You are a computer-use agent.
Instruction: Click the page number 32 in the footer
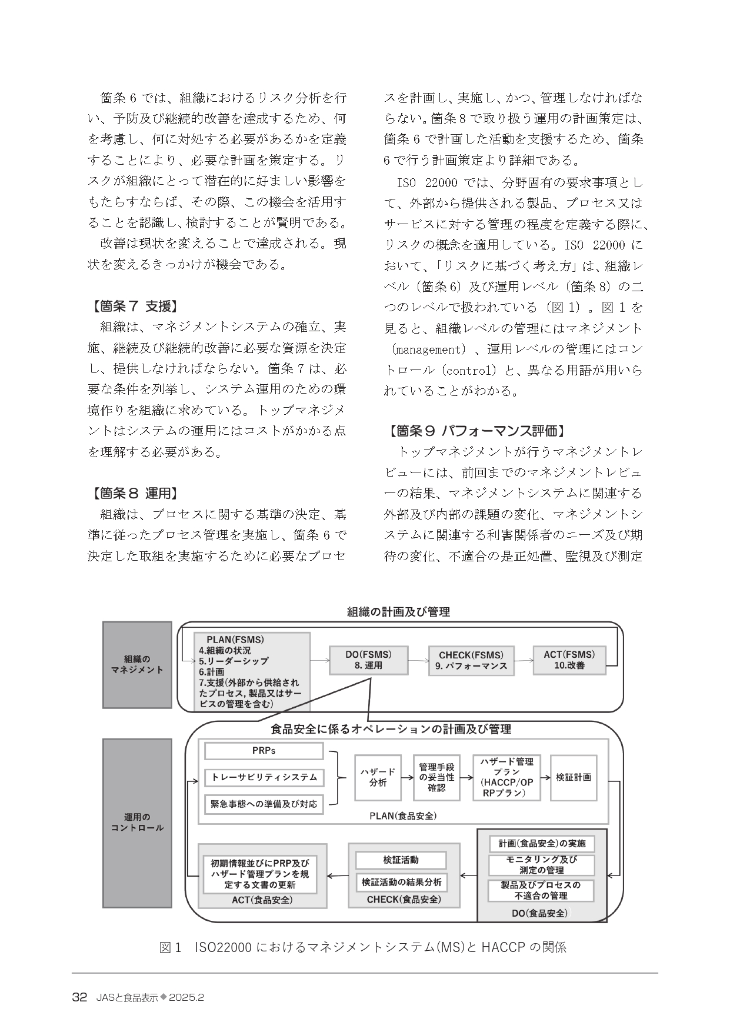[x=79, y=998]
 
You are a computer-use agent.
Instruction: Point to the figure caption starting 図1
[x=363, y=948]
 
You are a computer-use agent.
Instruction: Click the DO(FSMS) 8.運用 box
[x=368, y=660]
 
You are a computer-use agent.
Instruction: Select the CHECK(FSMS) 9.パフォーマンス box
[x=471, y=660]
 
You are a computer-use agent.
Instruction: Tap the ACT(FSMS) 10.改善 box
[x=569, y=660]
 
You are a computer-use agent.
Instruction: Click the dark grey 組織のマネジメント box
[x=137, y=664]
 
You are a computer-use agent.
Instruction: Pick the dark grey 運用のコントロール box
[x=137, y=823]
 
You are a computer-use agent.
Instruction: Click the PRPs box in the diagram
[x=264, y=751]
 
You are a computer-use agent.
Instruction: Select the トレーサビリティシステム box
[x=264, y=777]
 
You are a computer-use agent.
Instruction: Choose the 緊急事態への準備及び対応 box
[x=264, y=804]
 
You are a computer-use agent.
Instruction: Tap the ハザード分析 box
[x=378, y=777]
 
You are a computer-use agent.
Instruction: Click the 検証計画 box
[x=574, y=777]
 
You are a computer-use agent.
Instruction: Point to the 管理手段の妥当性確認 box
[x=436, y=777]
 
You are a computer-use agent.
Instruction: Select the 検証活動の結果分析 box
[x=401, y=883]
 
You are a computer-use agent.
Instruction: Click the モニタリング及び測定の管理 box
[x=541, y=865]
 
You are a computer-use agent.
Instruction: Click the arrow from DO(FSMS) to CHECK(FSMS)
[x=418, y=660]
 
